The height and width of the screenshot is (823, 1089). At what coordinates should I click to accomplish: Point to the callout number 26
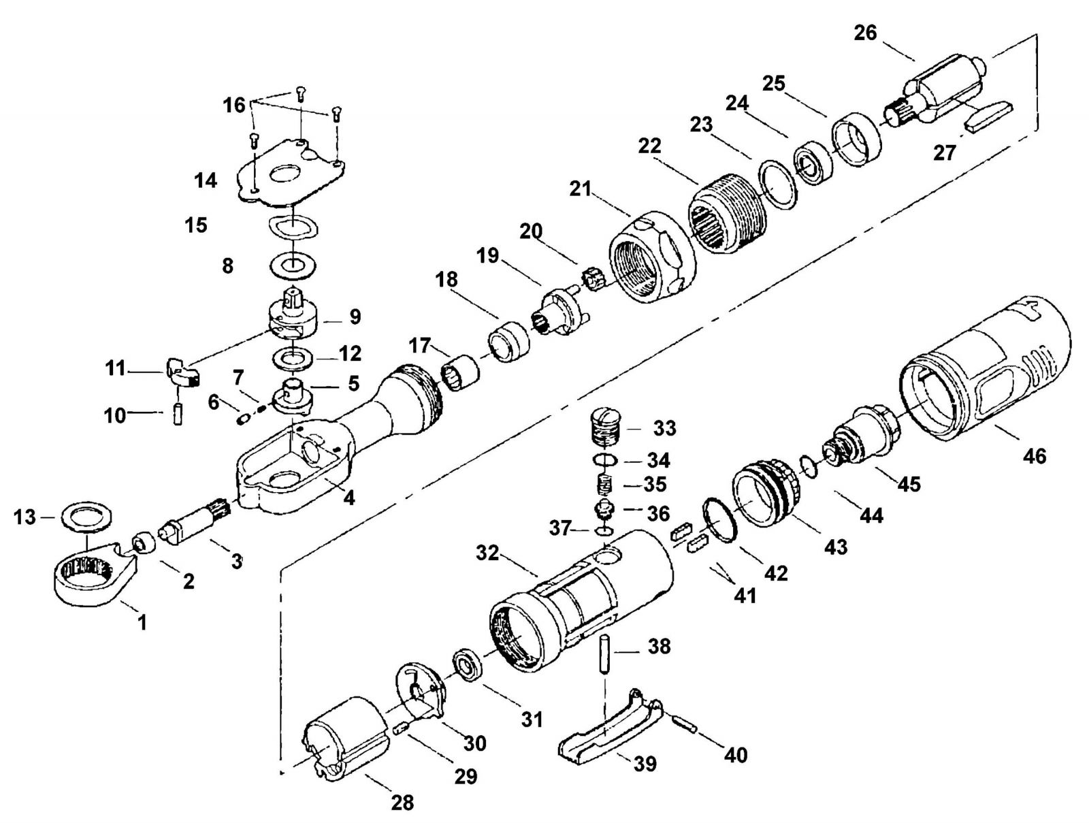(x=865, y=33)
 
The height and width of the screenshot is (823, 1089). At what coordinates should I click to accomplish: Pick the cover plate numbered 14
(x=293, y=172)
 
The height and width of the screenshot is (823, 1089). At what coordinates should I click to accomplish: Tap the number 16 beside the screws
(x=233, y=105)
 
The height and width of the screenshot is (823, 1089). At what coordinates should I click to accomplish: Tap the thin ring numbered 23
(x=778, y=184)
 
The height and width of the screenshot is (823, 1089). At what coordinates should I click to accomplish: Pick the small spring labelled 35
(x=603, y=484)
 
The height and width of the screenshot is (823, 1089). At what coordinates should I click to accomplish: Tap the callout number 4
(x=350, y=498)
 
